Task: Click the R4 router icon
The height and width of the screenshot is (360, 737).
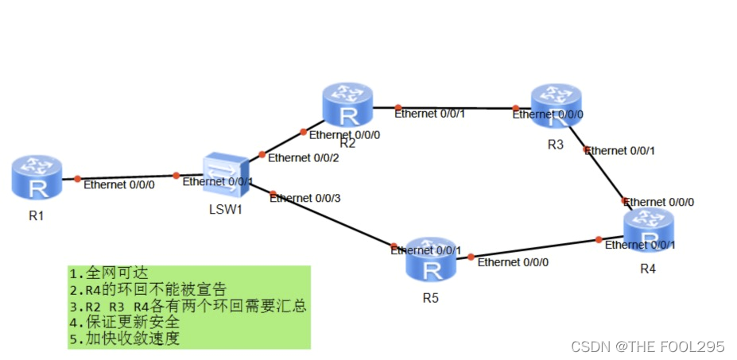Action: [648, 231]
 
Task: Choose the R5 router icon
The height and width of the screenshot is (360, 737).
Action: [431, 260]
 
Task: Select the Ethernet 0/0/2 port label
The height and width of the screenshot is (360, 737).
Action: [303, 157]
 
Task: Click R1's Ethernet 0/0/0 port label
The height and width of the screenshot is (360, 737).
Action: [119, 186]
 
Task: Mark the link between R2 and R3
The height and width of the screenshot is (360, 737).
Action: [453, 107]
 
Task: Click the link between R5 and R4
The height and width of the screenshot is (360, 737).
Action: [533, 248]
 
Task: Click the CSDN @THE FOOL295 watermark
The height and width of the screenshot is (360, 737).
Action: [648, 346]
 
